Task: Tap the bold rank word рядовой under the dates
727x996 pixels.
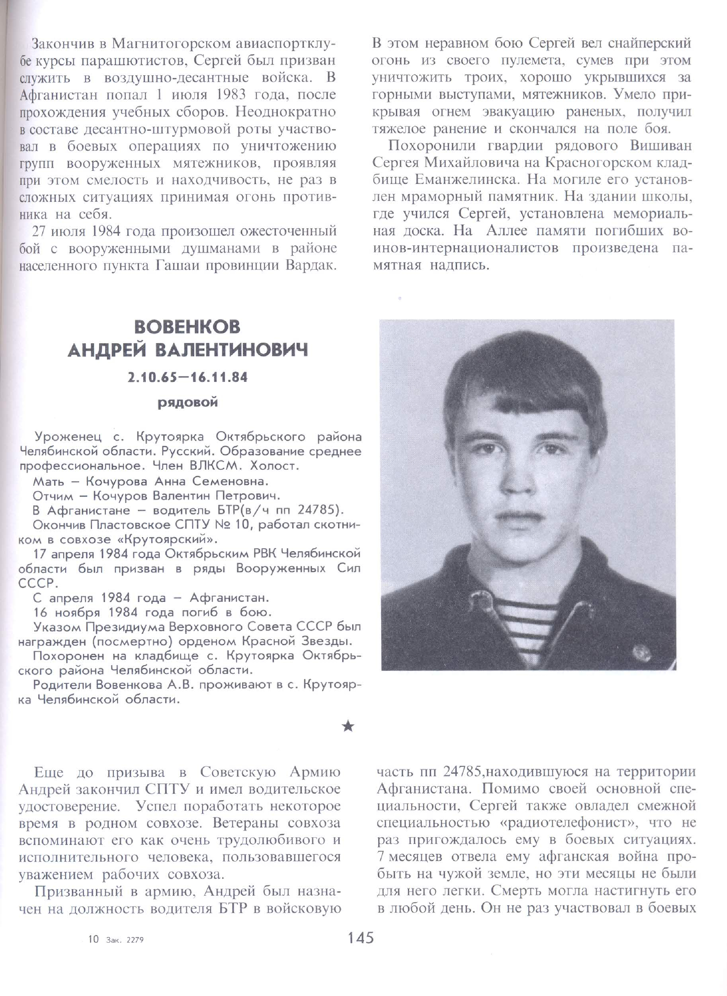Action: click(x=188, y=403)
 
